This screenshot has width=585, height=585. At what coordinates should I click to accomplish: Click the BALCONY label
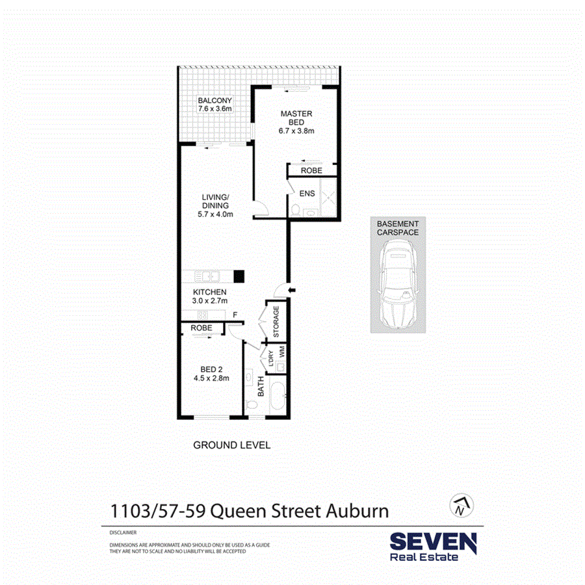[x=214, y=101]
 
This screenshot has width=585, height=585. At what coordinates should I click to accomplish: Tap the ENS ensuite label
[x=306, y=193]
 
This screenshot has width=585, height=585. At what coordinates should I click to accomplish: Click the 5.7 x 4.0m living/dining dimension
[x=215, y=214]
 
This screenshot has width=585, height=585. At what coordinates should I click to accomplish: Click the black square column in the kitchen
[x=239, y=275]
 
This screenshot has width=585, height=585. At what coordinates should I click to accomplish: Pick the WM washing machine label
[x=282, y=352]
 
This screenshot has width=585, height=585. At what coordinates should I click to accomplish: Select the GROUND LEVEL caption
[x=231, y=445]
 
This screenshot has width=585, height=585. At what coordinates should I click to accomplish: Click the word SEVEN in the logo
[x=432, y=541]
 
